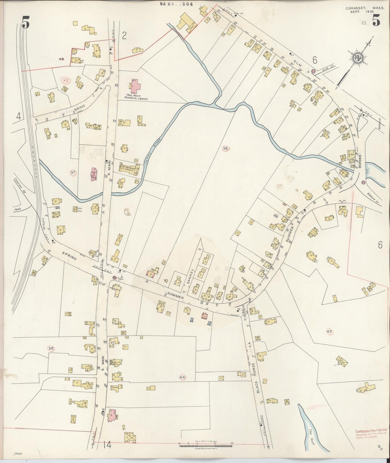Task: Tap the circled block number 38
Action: click(226, 148)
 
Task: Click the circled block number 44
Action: click(183, 377)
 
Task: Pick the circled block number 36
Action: click(51, 348)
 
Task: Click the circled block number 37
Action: click(73, 173)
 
